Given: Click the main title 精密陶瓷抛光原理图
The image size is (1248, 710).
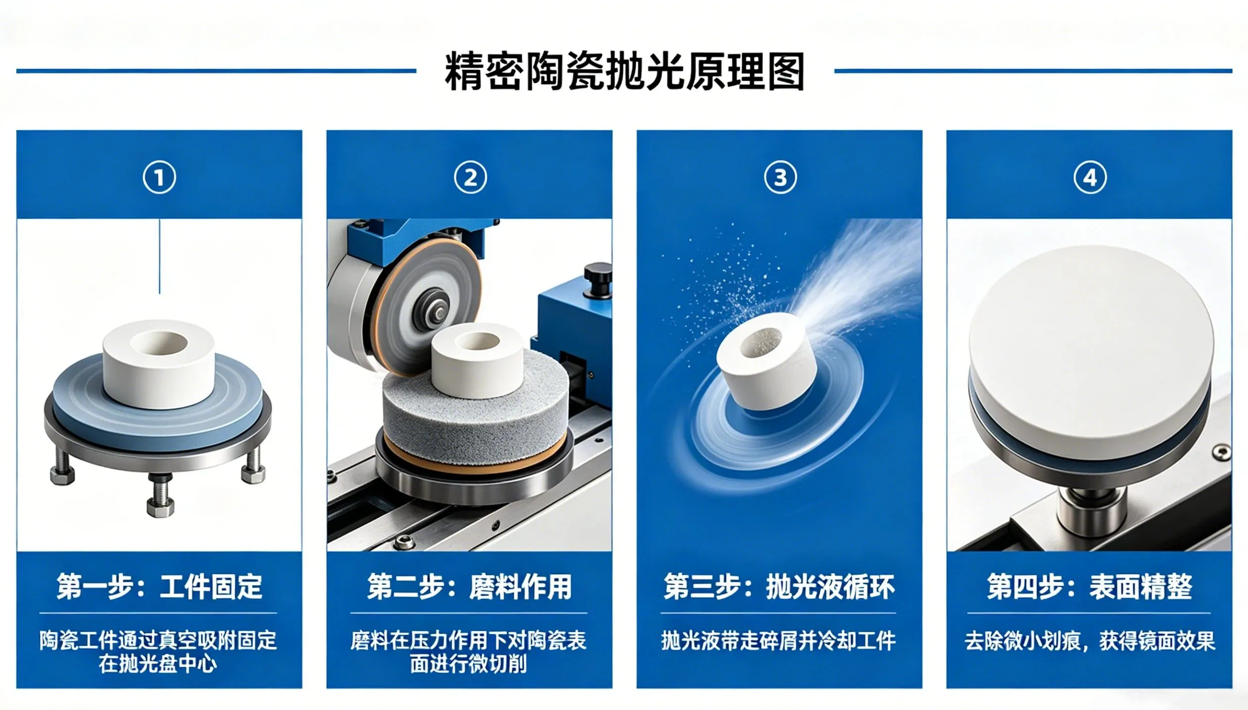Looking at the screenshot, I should click(624, 72).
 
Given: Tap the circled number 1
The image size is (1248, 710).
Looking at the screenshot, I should click(160, 177).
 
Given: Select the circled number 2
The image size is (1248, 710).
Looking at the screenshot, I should click(470, 177).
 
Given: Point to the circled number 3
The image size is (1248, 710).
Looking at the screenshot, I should click(780, 177).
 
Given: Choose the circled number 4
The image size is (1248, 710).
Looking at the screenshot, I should click(1090, 177).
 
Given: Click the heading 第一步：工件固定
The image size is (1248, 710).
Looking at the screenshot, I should click(160, 587).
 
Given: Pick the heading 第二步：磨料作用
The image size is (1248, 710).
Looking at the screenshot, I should click(469, 587).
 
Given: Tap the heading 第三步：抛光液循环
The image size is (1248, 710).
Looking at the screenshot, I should click(779, 587).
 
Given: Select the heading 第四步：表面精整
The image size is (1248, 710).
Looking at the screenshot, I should click(1089, 587).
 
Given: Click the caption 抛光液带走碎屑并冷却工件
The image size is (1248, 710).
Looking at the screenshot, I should click(779, 641).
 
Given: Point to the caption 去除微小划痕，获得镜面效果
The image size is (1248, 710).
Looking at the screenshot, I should click(1089, 641).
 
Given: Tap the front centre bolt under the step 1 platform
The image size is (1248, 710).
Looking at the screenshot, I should click(160, 495).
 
